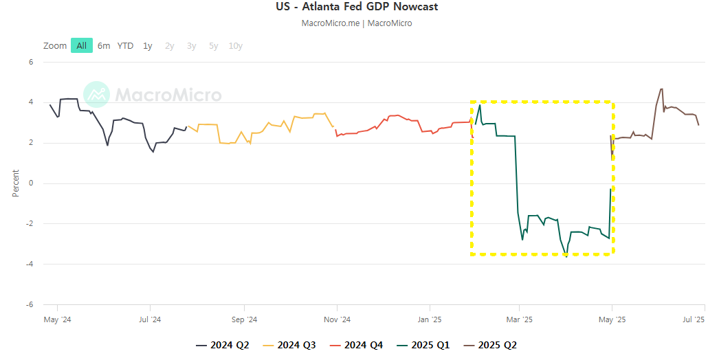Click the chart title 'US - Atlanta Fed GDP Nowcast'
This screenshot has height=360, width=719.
click(x=356, y=7)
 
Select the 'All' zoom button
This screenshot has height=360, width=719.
click(x=82, y=46)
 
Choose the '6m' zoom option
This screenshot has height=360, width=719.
click(x=104, y=46)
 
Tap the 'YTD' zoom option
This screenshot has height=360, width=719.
click(x=125, y=46)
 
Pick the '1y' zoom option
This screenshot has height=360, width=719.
click(x=148, y=46)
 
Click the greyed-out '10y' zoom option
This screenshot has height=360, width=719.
click(x=235, y=46)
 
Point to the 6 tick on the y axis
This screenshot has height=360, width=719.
click(x=31, y=62)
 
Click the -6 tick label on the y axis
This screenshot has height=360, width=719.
click(x=30, y=304)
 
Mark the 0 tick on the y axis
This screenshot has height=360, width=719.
click(x=31, y=183)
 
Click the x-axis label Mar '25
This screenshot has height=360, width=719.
click(x=519, y=319)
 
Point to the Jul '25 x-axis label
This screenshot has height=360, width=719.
click(x=693, y=319)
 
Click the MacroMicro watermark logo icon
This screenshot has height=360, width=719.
click(x=97, y=94)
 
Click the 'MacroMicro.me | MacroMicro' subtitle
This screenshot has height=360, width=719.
click(x=357, y=23)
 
